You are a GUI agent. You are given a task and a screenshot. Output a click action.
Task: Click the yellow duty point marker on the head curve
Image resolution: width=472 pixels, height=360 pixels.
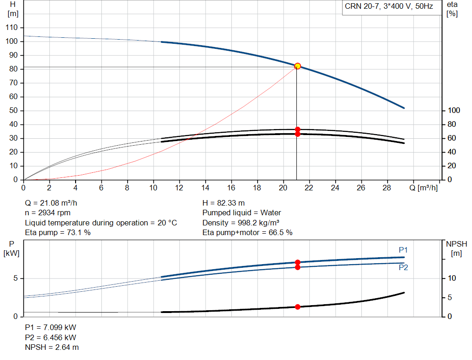[x=297, y=66]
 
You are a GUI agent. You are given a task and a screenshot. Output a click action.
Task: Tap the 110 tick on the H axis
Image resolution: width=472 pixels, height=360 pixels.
[x=12, y=27]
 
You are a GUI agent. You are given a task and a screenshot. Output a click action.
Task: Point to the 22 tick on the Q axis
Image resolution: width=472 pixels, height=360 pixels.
[x=309, y=188]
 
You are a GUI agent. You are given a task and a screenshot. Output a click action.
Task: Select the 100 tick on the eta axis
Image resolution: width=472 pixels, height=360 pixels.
[x=454, y=111]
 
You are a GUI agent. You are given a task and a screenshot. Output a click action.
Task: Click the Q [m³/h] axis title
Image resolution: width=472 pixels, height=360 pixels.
[x=423, y=188]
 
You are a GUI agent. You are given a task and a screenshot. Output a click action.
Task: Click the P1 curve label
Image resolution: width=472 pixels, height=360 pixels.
[x=403, y=250]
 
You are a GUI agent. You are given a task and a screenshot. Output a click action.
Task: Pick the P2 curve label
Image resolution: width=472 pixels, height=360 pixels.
[x=403, y=267]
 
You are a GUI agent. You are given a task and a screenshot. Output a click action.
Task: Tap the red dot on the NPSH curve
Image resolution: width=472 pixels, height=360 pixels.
[x=297, y=307]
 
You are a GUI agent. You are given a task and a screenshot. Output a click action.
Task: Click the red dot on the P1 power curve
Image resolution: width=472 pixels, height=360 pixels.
[x=297, y=262]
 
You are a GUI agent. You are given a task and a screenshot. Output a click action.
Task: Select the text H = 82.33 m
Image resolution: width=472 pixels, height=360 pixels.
[x=224, y=203]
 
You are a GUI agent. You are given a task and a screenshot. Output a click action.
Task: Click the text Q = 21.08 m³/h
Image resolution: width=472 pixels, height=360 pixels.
[x=51, y=203]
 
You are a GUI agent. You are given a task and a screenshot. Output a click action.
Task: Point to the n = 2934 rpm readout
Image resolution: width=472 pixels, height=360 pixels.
[x=47, y=213]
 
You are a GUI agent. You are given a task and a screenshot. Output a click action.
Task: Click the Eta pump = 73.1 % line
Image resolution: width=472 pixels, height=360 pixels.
[x=58, y=232]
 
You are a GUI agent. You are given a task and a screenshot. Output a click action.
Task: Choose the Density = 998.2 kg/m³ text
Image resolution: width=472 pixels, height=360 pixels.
[x=241, y=223]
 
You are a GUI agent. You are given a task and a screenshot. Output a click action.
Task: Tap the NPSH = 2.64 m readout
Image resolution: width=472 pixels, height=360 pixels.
[x=52, y=347]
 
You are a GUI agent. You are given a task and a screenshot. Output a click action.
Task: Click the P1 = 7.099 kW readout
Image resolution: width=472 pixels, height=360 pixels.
[x=51, y=327]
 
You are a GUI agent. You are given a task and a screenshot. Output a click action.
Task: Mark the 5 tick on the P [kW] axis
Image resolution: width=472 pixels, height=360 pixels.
[x=16, y=278]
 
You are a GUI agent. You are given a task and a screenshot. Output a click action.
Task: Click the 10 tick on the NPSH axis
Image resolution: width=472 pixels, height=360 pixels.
[x=452, y=278]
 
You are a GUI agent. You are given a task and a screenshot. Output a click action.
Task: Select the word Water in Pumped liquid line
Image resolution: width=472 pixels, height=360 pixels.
[x=271, y=213]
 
